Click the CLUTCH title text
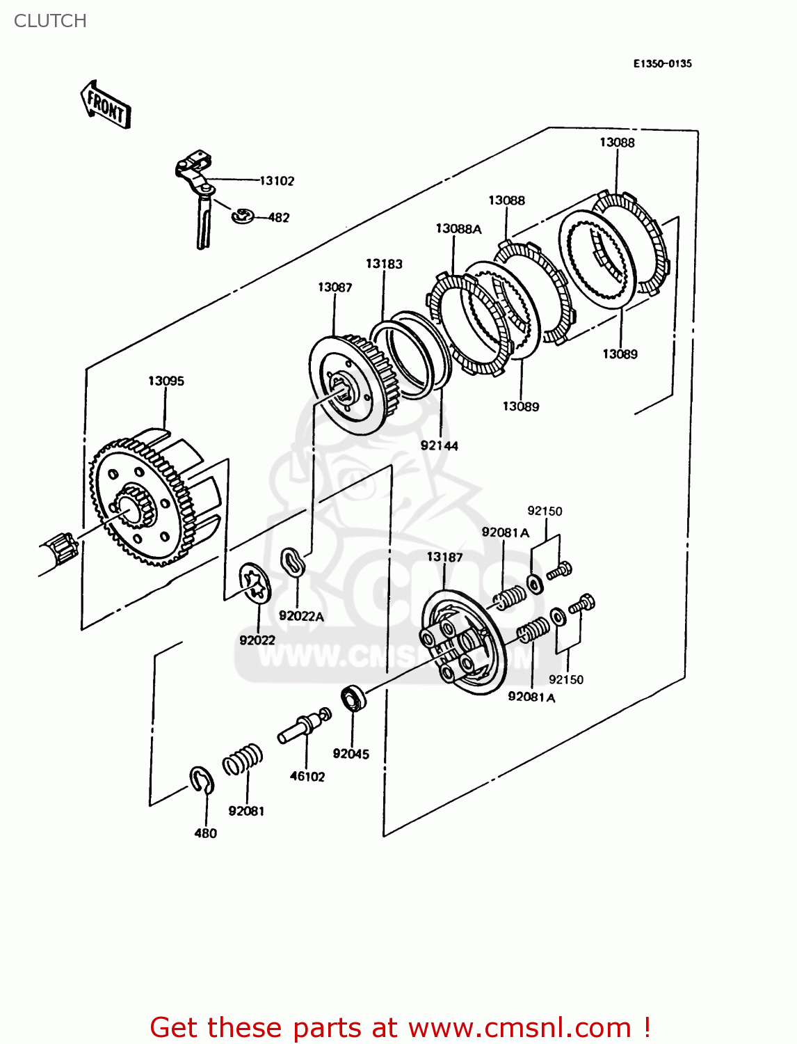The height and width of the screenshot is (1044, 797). point(50,21)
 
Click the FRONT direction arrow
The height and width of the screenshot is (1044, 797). point(106,105)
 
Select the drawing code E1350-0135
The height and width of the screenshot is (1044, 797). point(662,63)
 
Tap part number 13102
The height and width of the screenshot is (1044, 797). point(277,181)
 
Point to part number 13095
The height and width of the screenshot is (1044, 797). point(166,381)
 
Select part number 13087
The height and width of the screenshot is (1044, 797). point(335,287)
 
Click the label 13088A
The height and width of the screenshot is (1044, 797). point(458,228)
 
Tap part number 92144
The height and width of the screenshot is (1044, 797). point(439,445)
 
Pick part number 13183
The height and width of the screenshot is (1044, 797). point(384,264)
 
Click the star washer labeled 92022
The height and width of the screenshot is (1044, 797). point(255,582)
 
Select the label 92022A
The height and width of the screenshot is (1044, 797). point(301,616)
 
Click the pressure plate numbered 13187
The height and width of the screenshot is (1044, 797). point(462,644)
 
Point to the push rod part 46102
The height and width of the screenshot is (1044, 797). point(305,727)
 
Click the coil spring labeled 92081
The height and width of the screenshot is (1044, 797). point(243,759)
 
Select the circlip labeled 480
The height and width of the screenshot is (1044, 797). point(202,780)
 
